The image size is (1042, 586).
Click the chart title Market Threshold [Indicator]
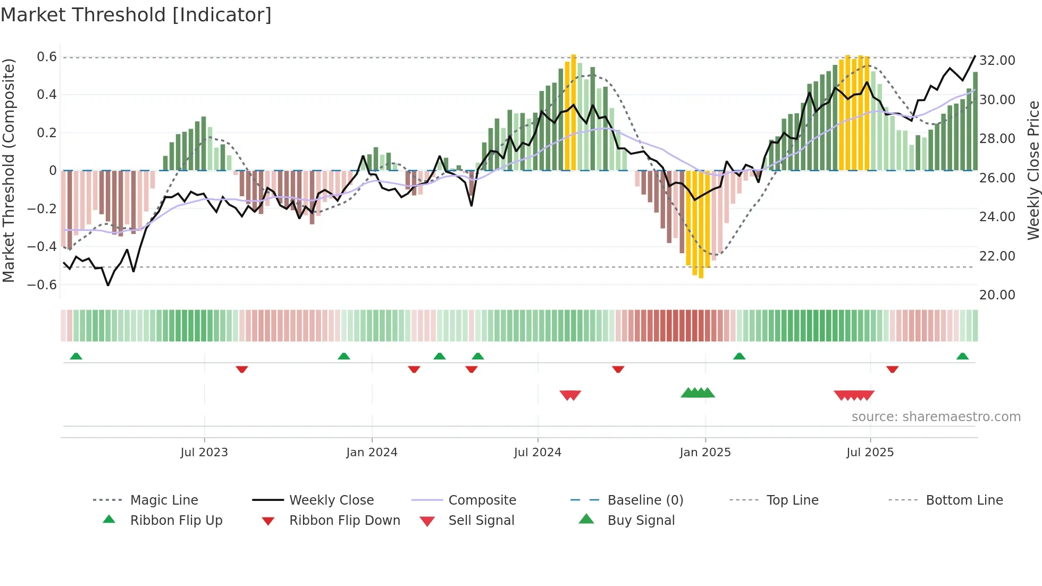[x=136, y=15]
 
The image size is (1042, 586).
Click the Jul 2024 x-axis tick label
[x=537, y=452]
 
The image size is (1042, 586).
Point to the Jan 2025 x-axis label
[x=705, y=452]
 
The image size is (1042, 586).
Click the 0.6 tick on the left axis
[x=47, y=57]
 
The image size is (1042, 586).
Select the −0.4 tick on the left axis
[x=42, y=246]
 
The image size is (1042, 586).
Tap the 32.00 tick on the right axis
[x=997, y=60]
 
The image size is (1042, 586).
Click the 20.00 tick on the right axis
[x=997, y=295]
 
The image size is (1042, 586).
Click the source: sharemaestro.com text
[x=936, y=416]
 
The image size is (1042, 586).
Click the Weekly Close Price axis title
[x=1033, y=170]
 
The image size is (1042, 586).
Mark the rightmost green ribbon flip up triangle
[x=962, y=356]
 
